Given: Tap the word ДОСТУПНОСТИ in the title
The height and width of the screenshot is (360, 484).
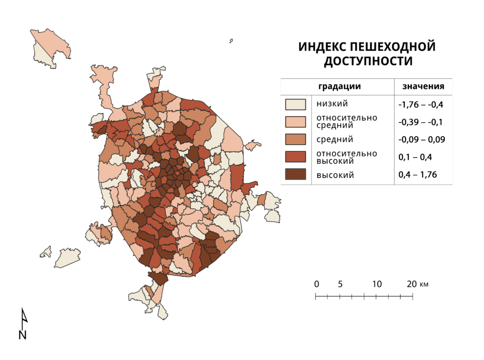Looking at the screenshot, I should [x=367, y=61].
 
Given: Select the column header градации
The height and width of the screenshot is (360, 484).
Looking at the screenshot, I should [x=339, y=86].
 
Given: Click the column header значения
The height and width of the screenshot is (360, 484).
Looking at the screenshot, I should [x=423, y=86].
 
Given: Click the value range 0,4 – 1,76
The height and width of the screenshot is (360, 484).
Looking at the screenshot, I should [x=417, y=175].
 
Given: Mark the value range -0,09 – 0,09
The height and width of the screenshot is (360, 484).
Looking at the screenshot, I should [x=422, y=140].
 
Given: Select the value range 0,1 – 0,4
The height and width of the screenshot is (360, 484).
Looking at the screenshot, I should [x=415, y=157].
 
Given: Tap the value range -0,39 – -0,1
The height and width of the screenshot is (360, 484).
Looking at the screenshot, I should [x=421, y=122].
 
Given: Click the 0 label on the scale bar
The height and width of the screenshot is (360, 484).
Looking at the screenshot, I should [x=316, y=284].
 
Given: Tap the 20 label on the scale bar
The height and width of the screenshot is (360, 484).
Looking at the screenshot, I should [x=411, y=284].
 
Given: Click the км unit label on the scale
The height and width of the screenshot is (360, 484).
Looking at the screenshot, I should [x=424, y=285].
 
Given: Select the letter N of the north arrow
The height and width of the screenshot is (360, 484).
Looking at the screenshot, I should [x=22, y=335].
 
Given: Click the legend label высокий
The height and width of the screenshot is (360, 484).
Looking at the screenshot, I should [x=335, y=175].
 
